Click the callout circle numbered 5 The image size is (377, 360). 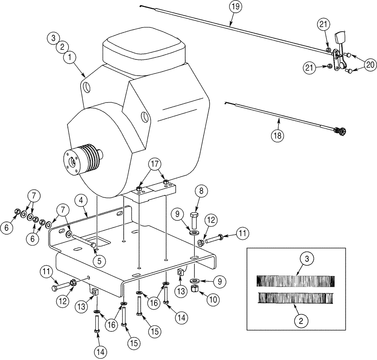(x=99, y=259)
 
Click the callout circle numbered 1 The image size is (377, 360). (x=70, y=58)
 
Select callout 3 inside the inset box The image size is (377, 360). (x=306, y=259)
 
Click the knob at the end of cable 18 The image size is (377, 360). (x=343, y=132)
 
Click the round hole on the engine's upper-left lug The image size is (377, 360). (x=87, y=87)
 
